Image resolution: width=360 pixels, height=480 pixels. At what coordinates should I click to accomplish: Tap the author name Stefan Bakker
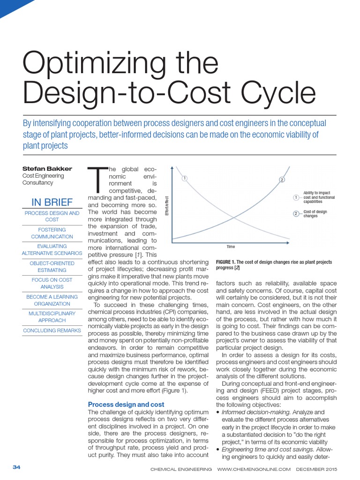click(x=46, y=168)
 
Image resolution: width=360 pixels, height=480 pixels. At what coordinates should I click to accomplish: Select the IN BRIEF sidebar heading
click(x=52, y=202)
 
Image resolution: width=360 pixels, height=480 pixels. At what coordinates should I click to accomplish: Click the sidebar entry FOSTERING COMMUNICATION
click(x=52, y=233)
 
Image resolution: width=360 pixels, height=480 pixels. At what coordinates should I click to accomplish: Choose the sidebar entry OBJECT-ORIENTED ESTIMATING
click(x=52, y=266)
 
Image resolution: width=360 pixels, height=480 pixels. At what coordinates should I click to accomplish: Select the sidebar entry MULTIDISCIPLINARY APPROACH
click(x=52, y=316)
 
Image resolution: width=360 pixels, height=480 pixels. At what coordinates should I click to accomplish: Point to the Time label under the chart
click(x=230, y=247)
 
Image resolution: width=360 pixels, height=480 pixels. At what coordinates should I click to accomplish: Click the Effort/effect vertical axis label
click(x=167, y=206)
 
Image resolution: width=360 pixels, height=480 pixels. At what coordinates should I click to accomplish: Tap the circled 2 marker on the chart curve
click(x=282, y=180)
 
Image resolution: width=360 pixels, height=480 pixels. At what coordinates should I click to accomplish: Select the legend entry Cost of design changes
click(x=315, y=214)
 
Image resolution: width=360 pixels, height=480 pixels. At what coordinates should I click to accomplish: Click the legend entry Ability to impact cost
click(x=319, y=197)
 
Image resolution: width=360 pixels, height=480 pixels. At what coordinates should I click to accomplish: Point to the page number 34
click(x=16, y=468)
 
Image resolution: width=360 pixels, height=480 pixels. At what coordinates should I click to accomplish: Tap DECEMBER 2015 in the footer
click(x=322, y=468)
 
